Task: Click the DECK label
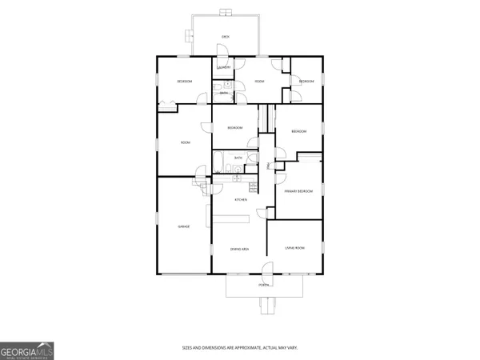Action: [226, 35]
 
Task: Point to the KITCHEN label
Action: [239, 199]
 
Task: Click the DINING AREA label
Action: [239, 250]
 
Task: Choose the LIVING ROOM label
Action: [295, 249]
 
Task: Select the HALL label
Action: [268, 166]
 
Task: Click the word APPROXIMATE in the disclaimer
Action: [252, 348]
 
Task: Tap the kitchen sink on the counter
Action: [253, 187]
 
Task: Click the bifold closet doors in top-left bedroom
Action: [168, 102]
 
